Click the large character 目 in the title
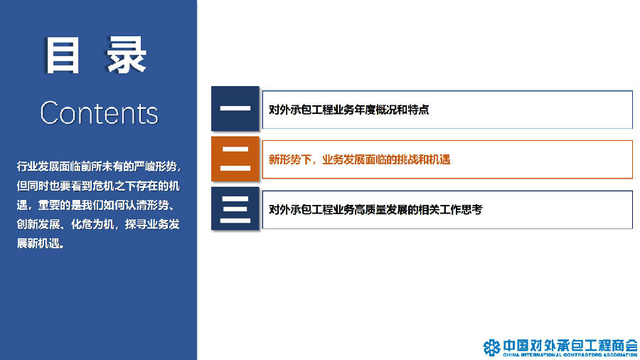click(x=62, y=55)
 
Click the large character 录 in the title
click(x=127, y=55)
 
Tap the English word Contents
click(x=99, y=113)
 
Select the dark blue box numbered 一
click(x=235, y=109)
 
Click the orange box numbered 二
click(x=235, y=159)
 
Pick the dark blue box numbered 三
click(x=235, y=208)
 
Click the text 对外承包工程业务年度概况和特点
click(x=349, y=110)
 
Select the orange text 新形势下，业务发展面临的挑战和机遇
click(x=360, y=159)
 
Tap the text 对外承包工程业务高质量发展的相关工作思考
click(x=375, y=210)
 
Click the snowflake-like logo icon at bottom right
click(x=491, y=347)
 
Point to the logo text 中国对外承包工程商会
click(x=570, y=345)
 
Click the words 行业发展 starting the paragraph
click(x=38, y=166)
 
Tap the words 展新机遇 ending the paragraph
click(x=38, y=243)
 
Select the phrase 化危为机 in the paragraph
click(x=92, y=225)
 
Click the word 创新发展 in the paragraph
click(x=38, y=225)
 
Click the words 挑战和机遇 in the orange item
click(x=424, y=159)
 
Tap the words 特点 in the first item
click(x=419, y=110)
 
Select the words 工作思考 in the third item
click(x=462, y=210)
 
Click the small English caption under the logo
click(x=570, y=355)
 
